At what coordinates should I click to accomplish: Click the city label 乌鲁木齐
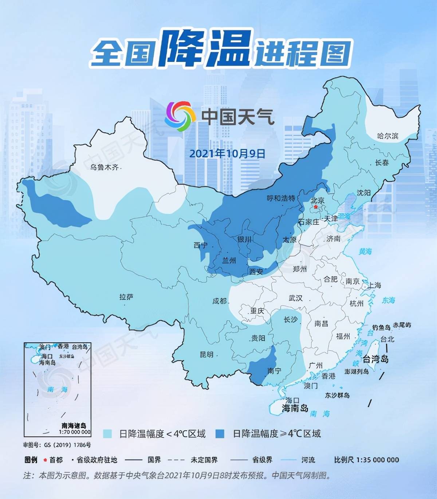[104, 168]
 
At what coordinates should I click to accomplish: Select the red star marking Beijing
[315, 207]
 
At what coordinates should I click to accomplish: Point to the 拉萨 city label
[126, 297]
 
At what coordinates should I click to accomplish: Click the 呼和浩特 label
[281, 198]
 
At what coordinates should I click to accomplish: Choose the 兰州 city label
[229, 260]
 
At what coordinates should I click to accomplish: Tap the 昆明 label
[206, 354]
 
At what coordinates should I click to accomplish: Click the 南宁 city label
[274, 371]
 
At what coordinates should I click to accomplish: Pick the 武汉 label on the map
[295, 298]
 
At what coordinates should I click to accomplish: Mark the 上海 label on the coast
[374, 285]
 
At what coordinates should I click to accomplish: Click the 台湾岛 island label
[375, 359]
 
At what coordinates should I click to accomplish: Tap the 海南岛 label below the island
[295, 408]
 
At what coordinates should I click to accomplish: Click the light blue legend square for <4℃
[107, 433]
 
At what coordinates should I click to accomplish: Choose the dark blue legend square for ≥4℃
[220, 433]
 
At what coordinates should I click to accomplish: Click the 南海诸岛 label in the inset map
[74, 425]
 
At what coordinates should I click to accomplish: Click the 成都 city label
[220, 301]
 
